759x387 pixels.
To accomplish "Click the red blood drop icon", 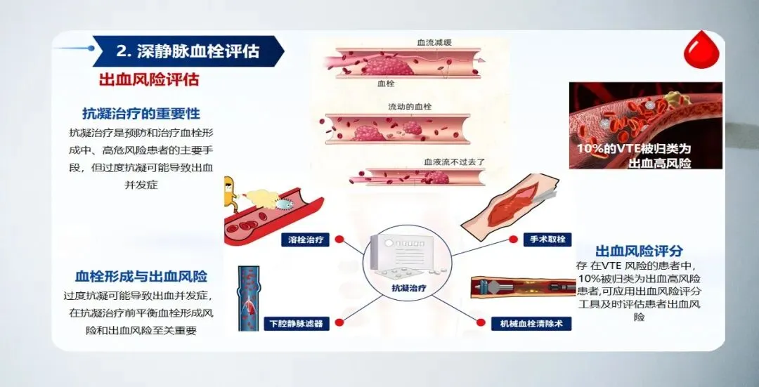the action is coord(701,50).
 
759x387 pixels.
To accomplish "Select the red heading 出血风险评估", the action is coord(149,79).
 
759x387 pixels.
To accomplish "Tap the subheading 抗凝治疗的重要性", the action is coord(141,114).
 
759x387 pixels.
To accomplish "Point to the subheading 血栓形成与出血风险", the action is coord(141,276).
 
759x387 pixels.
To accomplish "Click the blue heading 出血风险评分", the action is coord(639,251).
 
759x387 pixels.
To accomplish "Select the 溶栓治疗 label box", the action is coord(305,240).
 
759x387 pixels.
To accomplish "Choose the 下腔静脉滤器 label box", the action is coord(297,324).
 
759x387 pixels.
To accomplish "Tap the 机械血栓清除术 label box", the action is coord(531,324).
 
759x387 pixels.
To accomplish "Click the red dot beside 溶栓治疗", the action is coord(339,239).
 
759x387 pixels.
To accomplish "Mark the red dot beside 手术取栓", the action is coord(514,239).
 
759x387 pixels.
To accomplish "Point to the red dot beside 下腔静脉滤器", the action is coord(339,322).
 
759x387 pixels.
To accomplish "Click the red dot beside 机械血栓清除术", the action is coord(481,322).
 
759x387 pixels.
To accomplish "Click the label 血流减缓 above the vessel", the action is coord(435,43).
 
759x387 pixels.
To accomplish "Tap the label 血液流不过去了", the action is coord(455,162).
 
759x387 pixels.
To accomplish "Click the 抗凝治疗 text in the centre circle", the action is coord(409,288).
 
